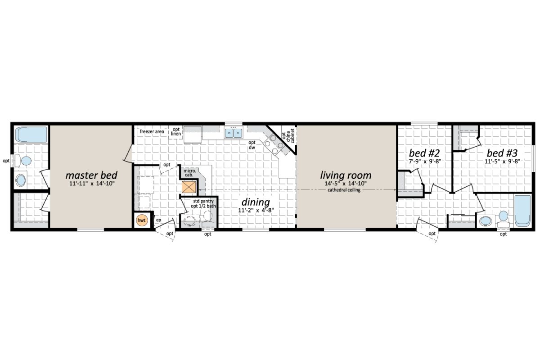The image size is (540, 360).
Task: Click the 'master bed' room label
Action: click(92, 175)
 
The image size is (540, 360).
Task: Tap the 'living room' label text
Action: click(346, 175)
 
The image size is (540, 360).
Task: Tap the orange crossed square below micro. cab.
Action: click(189, 187)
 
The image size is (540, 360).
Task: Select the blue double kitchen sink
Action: click(234, 133)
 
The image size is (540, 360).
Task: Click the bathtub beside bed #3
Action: click(523, 210)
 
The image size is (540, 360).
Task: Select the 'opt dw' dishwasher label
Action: click(252, 145)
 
